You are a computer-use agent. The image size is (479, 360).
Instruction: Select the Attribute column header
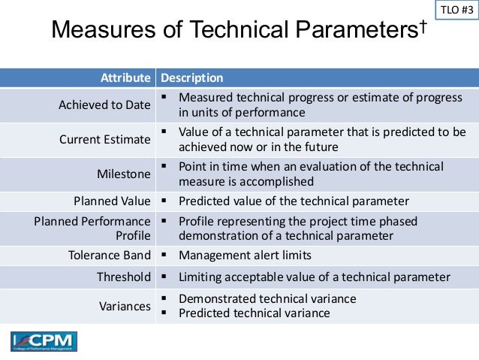coord(125,77)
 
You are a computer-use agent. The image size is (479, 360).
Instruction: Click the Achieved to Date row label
coord(104,105)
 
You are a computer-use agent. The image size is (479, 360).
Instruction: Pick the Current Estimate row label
coord(105,140)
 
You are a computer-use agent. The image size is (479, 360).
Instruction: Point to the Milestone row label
coord(124,174)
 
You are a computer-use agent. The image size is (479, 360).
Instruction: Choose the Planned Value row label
coord(112,201)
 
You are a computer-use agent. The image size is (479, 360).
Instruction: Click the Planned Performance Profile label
coord(92,228)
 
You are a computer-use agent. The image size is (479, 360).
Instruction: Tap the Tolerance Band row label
coord(110,256)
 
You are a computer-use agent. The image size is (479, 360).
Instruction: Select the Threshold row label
coord(124,277)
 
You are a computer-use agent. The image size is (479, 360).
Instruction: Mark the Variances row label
coord(125,306)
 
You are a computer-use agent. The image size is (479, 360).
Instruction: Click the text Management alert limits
coord(245,256)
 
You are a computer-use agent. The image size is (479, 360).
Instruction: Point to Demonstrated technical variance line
coord(267,298)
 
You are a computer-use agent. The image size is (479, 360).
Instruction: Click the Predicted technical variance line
coord(254,313)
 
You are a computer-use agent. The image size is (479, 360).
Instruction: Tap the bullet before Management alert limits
coord(163,255)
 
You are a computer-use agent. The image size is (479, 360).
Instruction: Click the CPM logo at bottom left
coord(44,341)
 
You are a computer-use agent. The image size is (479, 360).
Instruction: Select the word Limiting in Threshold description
coord(200,277)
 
